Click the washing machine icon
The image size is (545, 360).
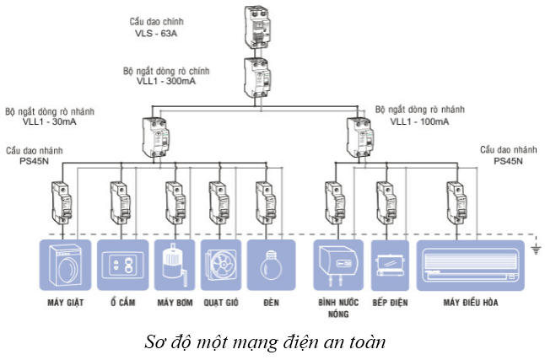coord(65,265)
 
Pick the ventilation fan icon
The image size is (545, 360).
coord(220,265)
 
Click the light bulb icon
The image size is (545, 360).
coord(271,265)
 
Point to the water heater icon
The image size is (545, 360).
coord(337,265)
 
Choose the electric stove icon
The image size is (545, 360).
coord(389,265)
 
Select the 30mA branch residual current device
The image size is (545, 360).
coord(156,135)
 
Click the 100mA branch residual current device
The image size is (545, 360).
coord(360,135)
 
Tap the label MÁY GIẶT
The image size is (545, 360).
coord(65,302)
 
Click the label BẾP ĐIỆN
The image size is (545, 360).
coord(389,302)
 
